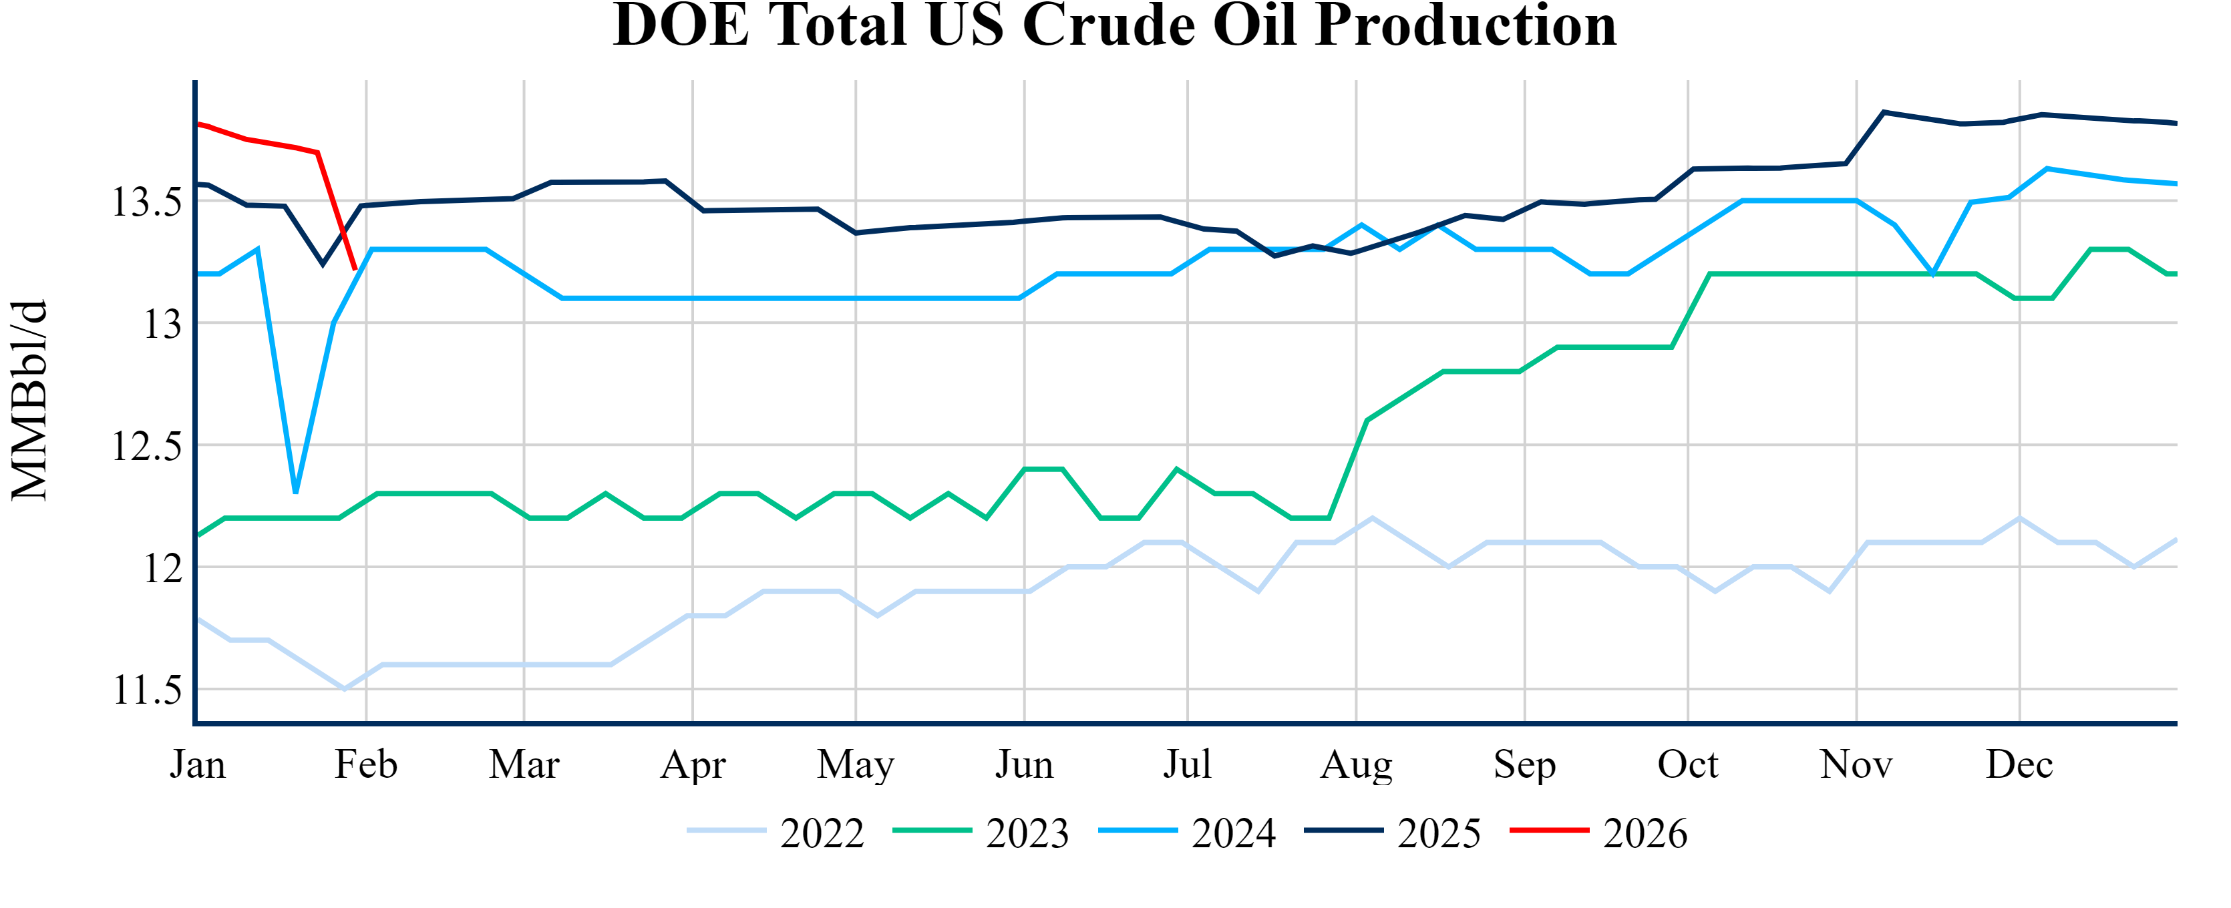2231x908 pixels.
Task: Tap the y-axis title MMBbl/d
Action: pos(29,400)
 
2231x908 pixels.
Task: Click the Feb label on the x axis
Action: pos(365,765)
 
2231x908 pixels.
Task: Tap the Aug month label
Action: pos(1355,765)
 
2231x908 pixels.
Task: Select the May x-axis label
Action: pos(856,765)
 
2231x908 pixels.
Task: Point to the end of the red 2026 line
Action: pos(355,269)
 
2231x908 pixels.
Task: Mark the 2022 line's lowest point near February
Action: pos(345,689)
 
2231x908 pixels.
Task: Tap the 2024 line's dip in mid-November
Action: pos(1933,274)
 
